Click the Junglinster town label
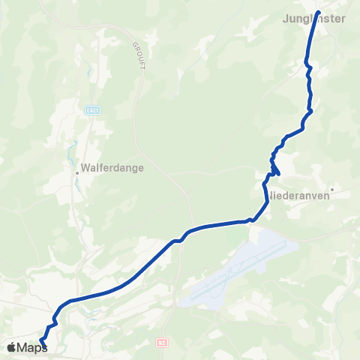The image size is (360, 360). click(x=316, y=19)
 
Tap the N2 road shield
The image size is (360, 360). click(x=161, y=342)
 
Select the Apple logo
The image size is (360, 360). click(x=11, y=346)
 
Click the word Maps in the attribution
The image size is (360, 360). click(x=32, y=347)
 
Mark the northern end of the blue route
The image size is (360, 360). click(x=318, y=13)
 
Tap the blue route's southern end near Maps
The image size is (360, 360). click(x=40, y=344)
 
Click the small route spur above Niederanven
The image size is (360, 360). click(x=277, y=172)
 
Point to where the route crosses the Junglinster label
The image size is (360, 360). click(x=316, y=19)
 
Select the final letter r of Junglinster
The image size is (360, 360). click(x=343, y=19)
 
